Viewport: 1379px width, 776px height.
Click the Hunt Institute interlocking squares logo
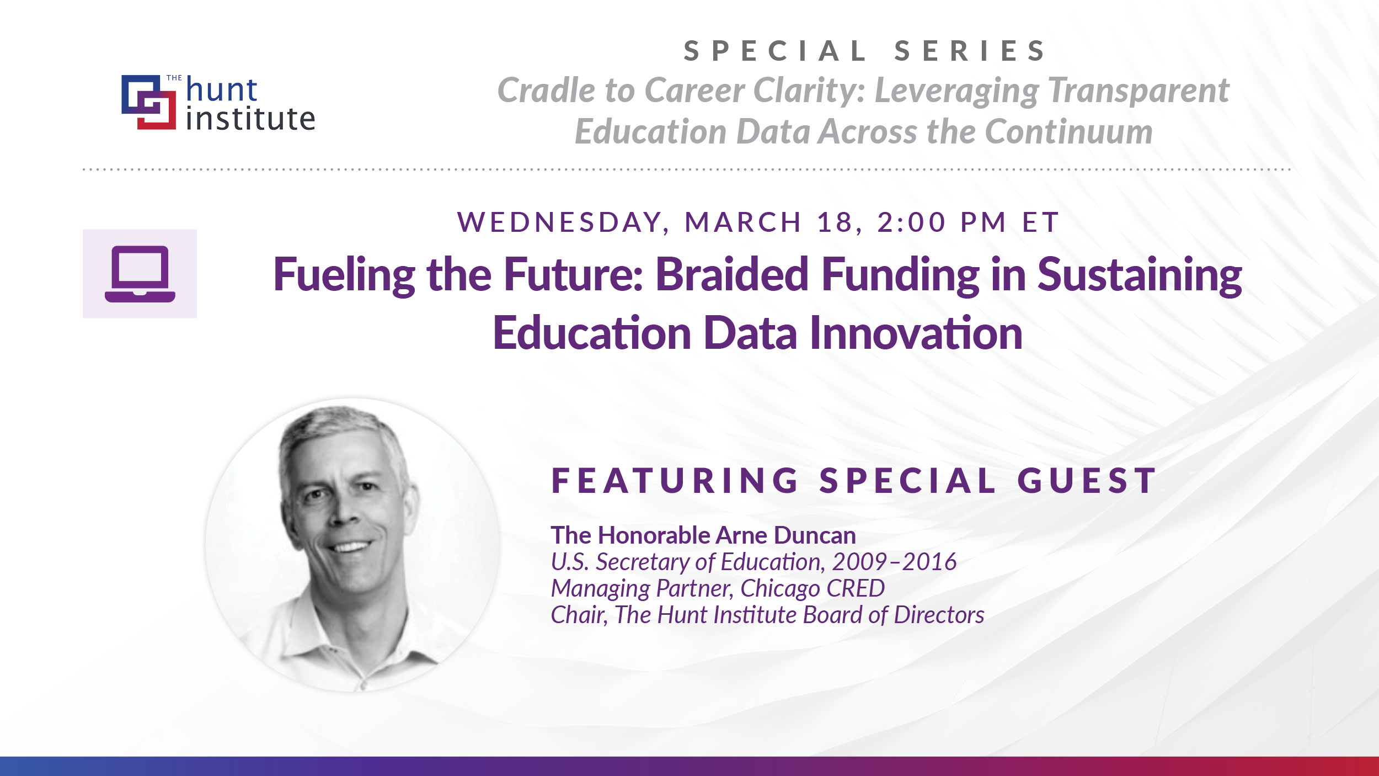coord(149,102)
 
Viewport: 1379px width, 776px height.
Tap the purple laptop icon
coord(140,274)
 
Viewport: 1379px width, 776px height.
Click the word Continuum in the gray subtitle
coord(1068,132)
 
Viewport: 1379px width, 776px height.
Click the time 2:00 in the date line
coord(911,222)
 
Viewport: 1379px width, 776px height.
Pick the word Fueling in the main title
coord(344,275)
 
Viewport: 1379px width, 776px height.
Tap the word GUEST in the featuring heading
coord(1087,481)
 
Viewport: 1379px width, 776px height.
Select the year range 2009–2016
coord(894,562)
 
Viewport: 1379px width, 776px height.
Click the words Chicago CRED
coord(812,588)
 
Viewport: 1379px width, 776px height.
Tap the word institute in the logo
coord(250,119)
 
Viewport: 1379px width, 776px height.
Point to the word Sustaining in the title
coord(1140,275)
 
